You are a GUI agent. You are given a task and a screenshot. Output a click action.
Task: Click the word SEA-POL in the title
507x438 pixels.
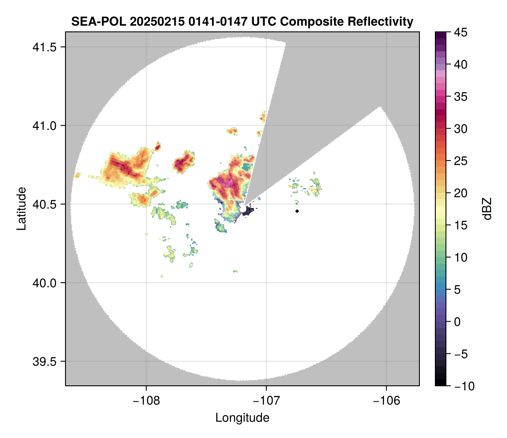click(93, 22)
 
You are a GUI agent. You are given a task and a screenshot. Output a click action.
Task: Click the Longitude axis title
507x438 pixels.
click(242, 417)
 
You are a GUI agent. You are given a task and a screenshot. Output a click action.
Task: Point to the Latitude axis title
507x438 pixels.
click(21, 208)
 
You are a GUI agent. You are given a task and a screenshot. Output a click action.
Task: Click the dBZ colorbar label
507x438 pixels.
click(487, 209)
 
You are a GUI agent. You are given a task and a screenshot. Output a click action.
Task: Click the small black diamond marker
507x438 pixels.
click(297, 211)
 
